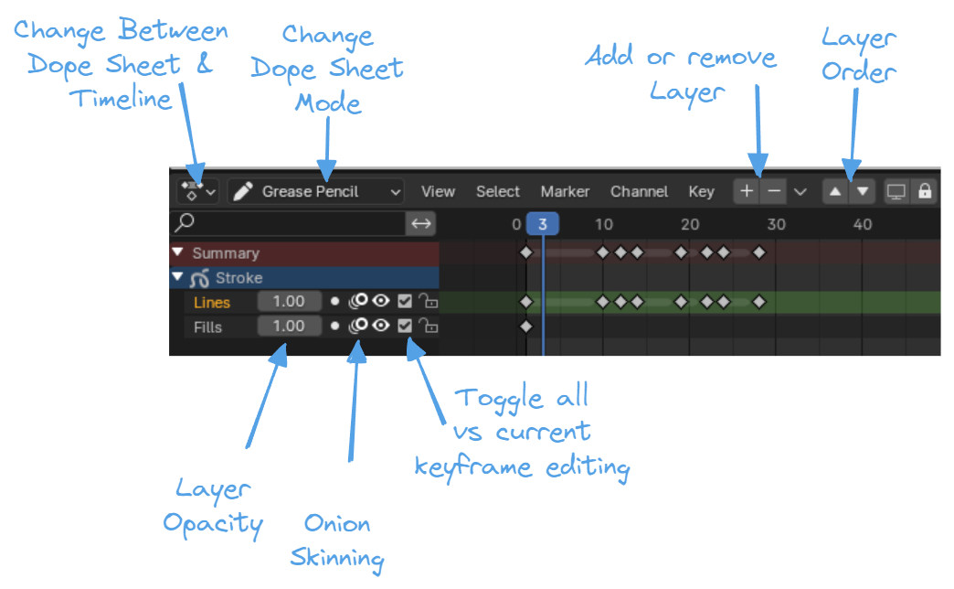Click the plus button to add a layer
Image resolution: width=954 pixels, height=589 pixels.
click(x=747, y=191)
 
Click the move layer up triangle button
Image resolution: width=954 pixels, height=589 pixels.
click(x=835, y=191)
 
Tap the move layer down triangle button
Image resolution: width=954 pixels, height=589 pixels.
click(x=862, y=191)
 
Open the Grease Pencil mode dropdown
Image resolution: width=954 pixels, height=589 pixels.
click(x=316, y=191)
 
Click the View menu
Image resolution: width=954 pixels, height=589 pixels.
click(x=438, y=191)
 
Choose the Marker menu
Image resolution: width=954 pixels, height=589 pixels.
click(x=566, y=191)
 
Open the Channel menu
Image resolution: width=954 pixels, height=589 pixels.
click(x=639, y=191)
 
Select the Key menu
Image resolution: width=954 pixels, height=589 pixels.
click(x=702, y=192)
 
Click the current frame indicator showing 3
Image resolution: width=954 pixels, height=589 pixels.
click(x=542, y=224)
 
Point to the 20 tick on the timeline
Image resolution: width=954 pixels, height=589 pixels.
click(x=690, y=224)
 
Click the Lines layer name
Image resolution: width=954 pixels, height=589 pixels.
click(x=212, y=303)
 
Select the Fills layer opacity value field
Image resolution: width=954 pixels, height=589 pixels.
click(x=289, y=327)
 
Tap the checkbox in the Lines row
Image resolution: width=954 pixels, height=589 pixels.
click(x=405, y=302)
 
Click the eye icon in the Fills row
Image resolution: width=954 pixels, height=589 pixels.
click(x=381, y=326)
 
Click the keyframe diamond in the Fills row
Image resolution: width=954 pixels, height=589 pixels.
click(x=526, y=327)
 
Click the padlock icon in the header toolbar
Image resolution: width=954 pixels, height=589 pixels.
click(x=925, y=191)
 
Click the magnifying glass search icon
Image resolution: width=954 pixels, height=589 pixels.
click(x=185, y=222)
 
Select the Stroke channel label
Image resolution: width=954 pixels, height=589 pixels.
click(x=239, y=278)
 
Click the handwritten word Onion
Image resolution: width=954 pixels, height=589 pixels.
click(x=337, y=524)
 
